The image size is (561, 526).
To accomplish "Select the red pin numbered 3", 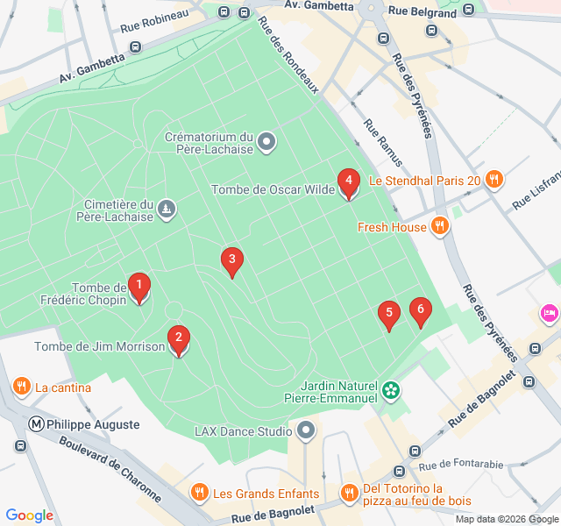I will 231,260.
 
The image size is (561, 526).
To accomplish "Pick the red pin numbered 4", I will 349,183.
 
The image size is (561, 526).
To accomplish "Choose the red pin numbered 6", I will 421,311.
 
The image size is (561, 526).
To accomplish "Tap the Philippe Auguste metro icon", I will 37,424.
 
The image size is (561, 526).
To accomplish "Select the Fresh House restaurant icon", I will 440,227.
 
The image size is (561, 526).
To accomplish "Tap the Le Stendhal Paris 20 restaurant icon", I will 494,181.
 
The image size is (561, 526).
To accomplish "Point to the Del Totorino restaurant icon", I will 350,493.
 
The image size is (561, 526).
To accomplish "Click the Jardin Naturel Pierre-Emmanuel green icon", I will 391,387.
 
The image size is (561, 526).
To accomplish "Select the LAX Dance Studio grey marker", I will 306,430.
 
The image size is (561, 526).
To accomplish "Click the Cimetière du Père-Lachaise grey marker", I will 167,209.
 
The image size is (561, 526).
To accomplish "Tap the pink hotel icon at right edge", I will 550,313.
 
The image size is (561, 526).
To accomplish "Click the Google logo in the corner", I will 29,515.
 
